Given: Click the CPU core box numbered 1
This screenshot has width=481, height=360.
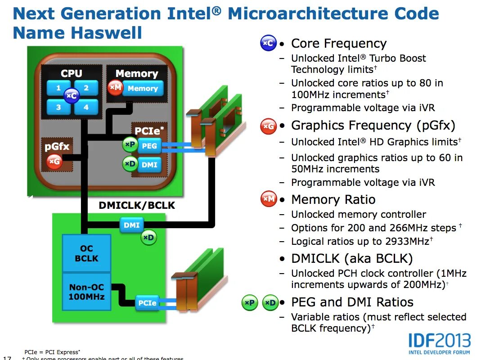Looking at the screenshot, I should [58, 88].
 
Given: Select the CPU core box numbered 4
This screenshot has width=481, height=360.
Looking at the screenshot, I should [86, 107].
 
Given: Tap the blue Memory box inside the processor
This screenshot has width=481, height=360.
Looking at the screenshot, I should [142, 89].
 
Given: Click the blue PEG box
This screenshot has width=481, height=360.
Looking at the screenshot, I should [149, 146].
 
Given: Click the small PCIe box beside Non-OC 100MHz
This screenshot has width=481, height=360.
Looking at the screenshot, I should [147, 303].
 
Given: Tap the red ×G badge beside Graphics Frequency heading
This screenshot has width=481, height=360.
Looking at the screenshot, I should [268, 126].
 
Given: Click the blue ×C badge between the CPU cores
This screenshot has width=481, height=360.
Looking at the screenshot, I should [72, 96].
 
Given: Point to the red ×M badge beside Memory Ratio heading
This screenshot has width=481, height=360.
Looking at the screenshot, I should [269, 199].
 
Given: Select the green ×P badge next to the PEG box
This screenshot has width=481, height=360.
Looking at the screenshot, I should [130, 144].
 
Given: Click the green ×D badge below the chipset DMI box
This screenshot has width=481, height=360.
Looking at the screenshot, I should [149, 238].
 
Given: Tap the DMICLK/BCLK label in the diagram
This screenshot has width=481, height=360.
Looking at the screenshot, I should [137, 206].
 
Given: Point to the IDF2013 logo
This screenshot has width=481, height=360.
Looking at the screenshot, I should [439, 343].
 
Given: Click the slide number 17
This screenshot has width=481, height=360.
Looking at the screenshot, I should [7, 358].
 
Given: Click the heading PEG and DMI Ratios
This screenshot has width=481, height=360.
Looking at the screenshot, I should [352, 302].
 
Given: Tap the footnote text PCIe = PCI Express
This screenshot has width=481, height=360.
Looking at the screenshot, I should [51, 352].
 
